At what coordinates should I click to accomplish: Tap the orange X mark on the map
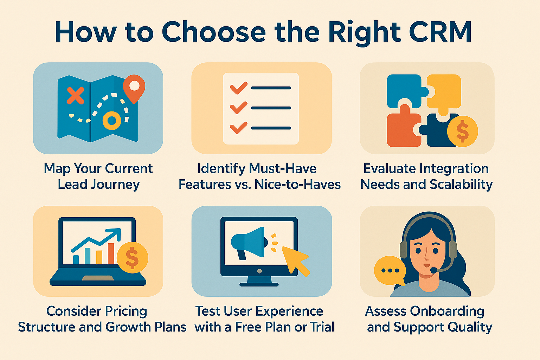pyautogui.click(x=75, y=96)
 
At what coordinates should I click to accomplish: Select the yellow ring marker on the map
pyautogui.click(x=112, y=121)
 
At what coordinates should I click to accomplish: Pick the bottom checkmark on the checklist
pyautogui.click(x=238, y=128)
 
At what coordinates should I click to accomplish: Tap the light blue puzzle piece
pyautogui.click(x=404, y=91)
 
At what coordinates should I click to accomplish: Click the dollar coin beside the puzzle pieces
pyautogui.click(x=462, y=131)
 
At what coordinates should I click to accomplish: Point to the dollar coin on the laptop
pyautogui.click(x=132, y=257)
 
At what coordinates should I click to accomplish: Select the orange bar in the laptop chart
pyautogui.click(x=111, y=254)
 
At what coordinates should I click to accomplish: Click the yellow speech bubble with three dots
pyautogui.click(x=390, y=271)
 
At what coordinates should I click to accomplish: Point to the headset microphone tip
pyautogui.click(x=434, y=270)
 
